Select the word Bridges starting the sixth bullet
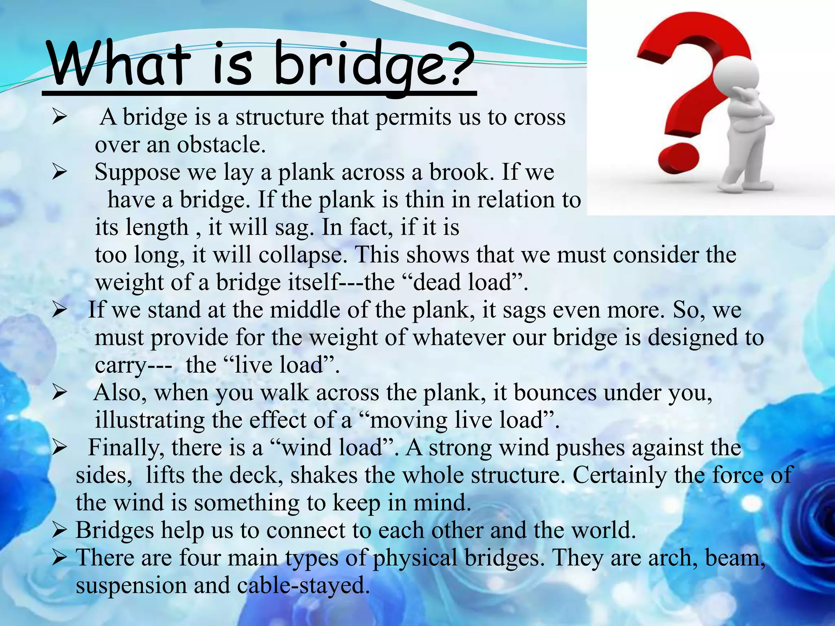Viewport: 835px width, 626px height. coord(115,531)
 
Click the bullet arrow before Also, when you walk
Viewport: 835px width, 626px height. coord(60,393)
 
